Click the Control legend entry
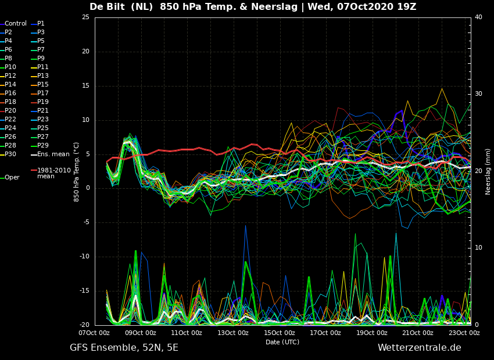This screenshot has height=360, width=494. click(13, 24)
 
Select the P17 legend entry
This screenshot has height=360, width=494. click(41, 93)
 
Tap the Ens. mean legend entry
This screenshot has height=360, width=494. click(50, 154)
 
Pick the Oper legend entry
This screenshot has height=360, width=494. click(10, 178)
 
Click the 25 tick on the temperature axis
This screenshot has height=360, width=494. click(85, 17)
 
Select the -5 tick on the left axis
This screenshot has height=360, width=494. click(85, 222)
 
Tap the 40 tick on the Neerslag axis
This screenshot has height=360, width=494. click(478, 17)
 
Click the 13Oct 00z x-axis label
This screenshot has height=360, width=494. click(233, 333)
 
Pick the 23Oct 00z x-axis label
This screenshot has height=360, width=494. click(464, 333)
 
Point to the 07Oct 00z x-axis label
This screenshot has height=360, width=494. click(94, 333)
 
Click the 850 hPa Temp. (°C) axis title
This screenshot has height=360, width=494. click(77, 172)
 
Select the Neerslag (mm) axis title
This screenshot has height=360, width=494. click(488, 172)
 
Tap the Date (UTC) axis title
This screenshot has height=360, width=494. click(282, 342)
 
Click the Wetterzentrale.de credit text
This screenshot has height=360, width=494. click(420, 348)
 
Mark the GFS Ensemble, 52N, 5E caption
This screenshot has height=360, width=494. click(124, 348)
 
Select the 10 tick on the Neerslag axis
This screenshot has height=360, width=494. click(478, 248)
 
